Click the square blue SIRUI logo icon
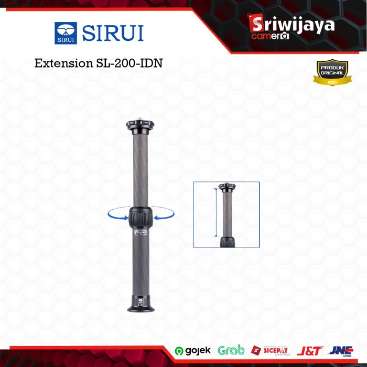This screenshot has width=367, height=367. pyautogui.click(x=65, y=33)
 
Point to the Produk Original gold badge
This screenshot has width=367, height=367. pyautogui.click(x=332, y=75)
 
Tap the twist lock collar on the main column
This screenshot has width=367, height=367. pyautogui.click(x=140, y=217)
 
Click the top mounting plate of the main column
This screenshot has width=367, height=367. pyautogui.click(x=140, y=126)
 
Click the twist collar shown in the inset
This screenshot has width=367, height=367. pyautogui.click(x=226, y=242)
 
